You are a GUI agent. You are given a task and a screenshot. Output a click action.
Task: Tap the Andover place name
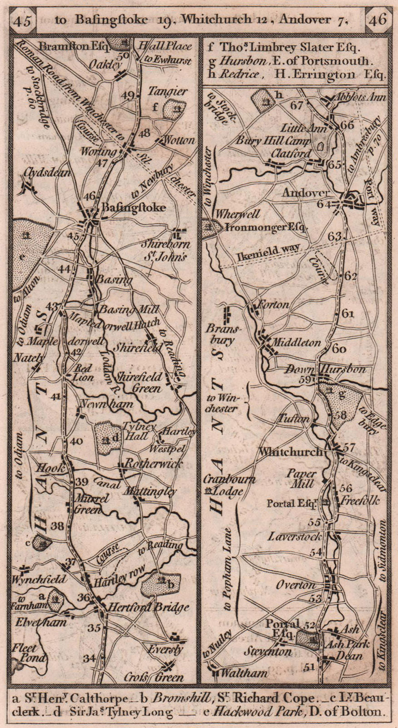click(x=305, y=193)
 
